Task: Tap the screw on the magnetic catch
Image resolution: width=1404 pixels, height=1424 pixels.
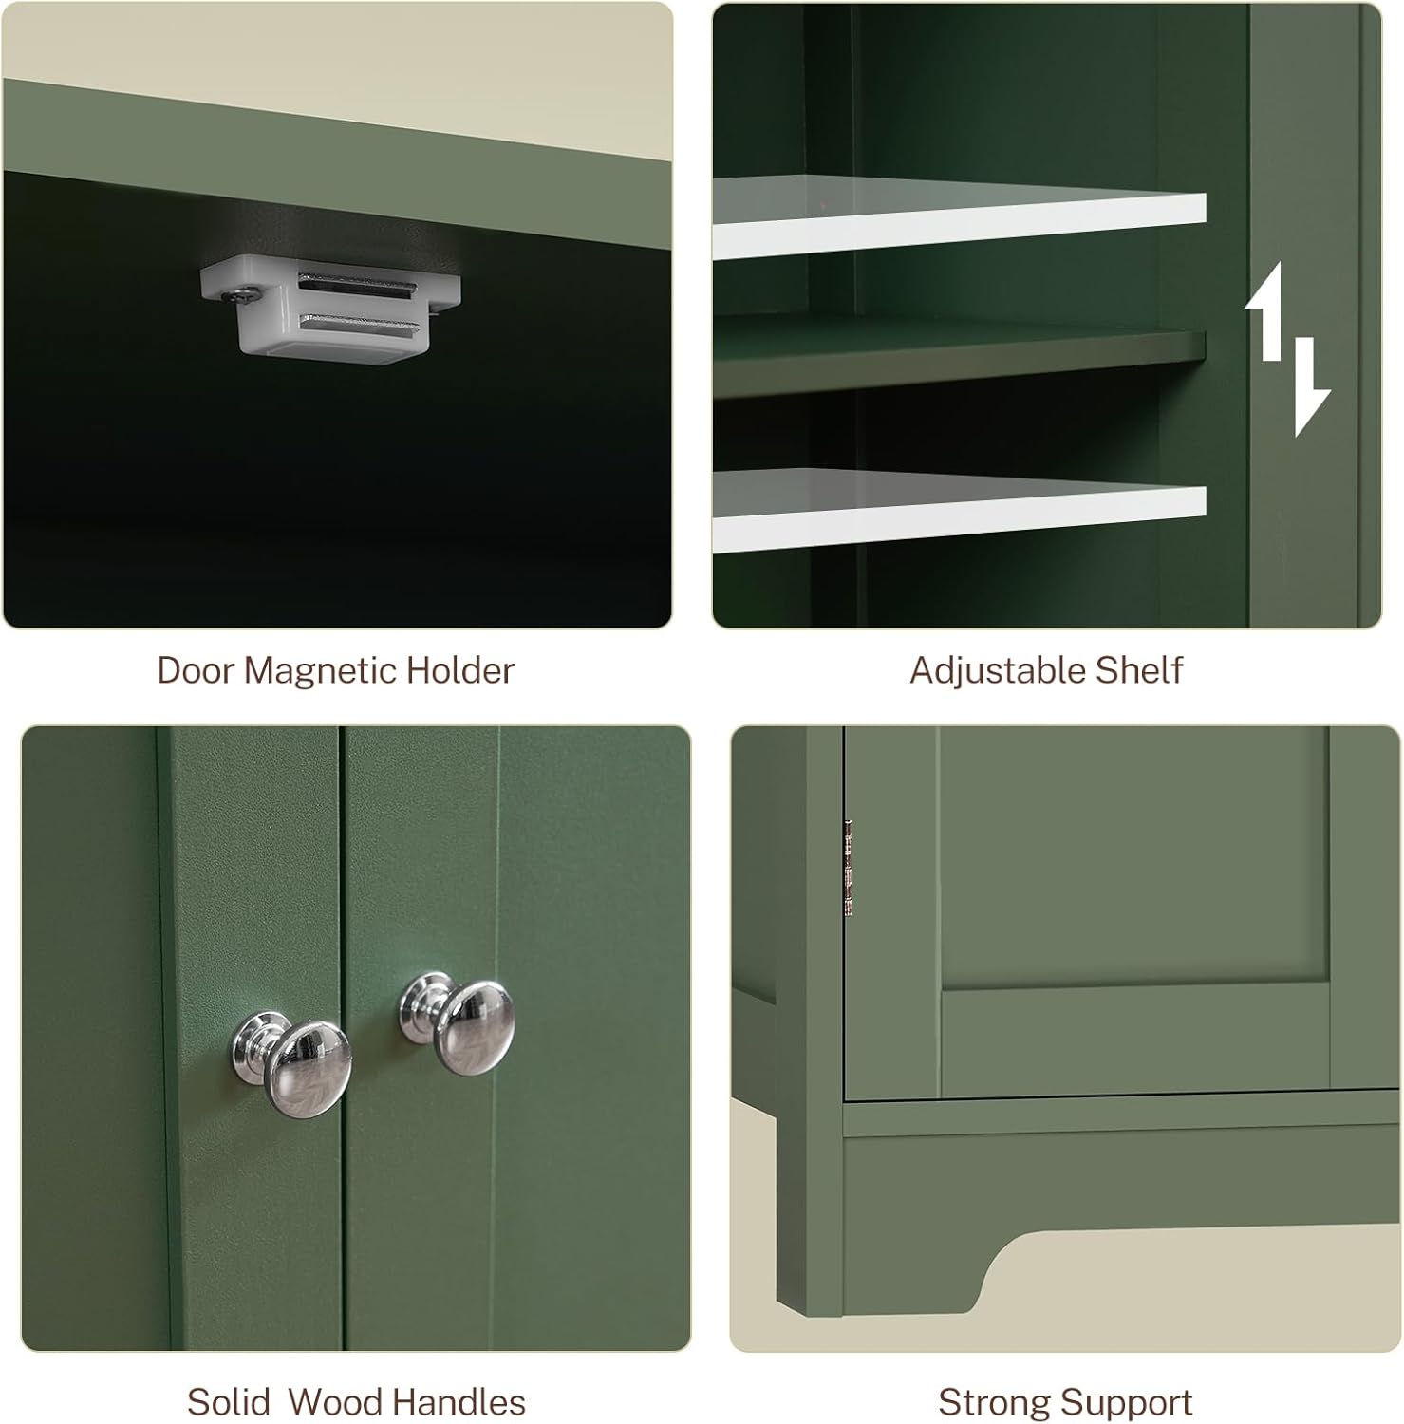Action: click(x=234, y=297)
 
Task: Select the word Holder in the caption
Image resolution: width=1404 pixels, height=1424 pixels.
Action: click(x=460, y=670)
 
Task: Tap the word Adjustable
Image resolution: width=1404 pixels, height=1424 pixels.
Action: click(x=998, y=671)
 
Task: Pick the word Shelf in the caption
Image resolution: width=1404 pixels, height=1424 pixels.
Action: click(x=1139, y=670)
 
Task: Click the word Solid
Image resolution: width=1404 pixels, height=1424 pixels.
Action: click(x=228, y=1402)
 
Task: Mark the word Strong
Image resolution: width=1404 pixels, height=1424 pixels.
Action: click(x=996, y=1403)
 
